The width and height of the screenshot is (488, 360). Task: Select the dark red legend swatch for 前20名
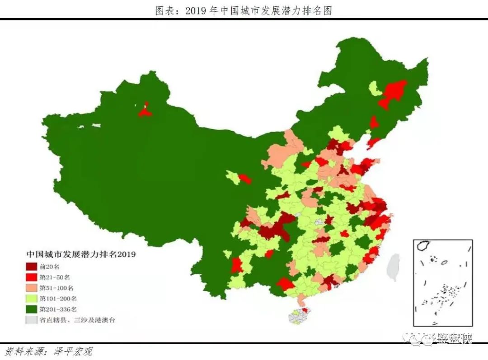tap(32, 266)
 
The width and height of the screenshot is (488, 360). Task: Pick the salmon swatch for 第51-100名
tap(32, 288)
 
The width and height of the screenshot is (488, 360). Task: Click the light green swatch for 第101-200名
tap(32, 298)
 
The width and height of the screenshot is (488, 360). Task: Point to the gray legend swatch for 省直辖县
tap(32, 320)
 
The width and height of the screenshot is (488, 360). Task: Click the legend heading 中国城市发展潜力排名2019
tap(81, 254)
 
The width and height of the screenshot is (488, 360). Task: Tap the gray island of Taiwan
tap(394, 267)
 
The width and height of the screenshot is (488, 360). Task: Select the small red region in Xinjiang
tap(145, 110)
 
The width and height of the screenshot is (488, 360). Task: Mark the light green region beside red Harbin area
tap(374, 88)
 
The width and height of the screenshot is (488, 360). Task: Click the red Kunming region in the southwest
tap(236, 265)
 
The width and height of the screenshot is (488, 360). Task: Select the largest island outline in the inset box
tap(424, 246)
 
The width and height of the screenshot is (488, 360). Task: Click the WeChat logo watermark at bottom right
tap(413, 338)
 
